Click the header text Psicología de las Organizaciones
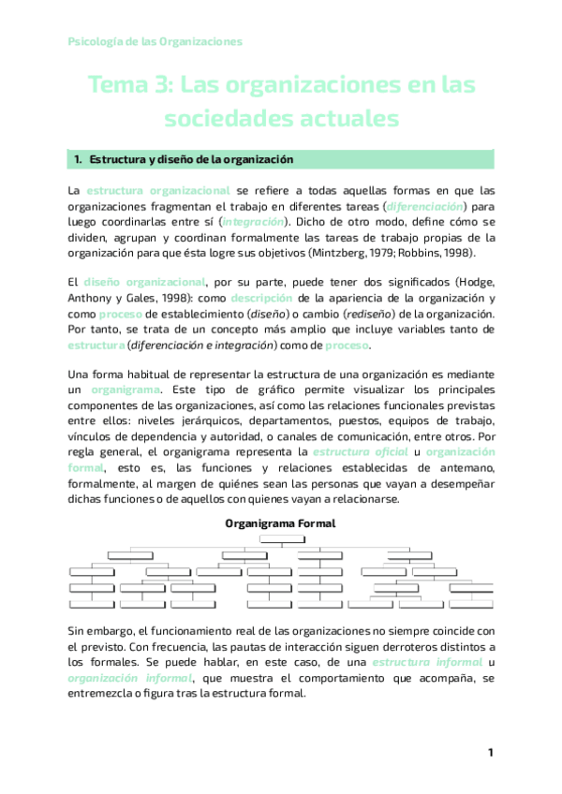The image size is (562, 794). pos(155,41)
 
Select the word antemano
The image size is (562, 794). pos(462,466)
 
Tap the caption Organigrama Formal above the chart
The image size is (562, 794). pos(281,524)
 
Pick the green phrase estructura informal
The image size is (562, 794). pos(414,663)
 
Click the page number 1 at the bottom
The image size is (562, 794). pos(490,754)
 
